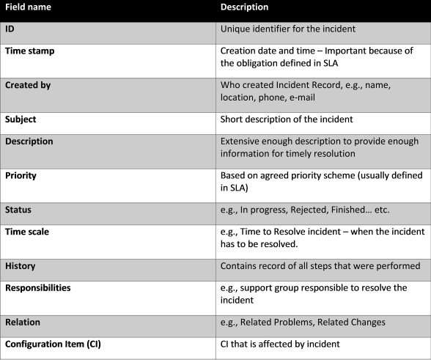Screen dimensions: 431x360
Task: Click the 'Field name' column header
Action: (26, 7)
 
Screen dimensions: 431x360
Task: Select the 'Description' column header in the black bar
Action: (244, 7)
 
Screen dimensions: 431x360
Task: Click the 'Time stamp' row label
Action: (29, 51)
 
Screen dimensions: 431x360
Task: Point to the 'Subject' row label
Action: (21, 119)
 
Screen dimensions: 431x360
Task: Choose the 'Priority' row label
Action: (21, 176)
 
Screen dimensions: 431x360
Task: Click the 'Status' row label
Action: (18, 210)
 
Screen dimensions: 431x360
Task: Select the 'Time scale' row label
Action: (27, 231)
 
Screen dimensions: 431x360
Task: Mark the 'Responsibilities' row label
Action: (38, 287)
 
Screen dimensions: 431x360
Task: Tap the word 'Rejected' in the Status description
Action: (315, 210)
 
